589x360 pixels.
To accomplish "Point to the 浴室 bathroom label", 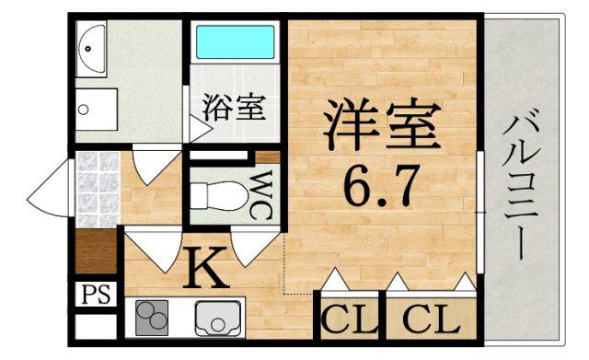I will [234, 107].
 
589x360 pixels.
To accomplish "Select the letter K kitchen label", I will [205, 270].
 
